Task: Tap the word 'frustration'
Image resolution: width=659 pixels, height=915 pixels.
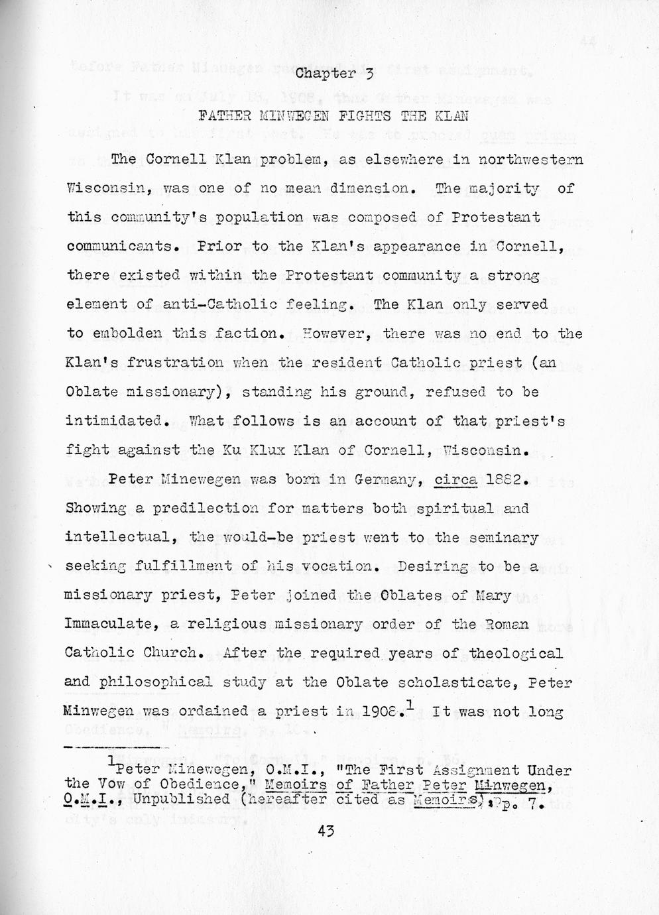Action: tap(182, 363)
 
